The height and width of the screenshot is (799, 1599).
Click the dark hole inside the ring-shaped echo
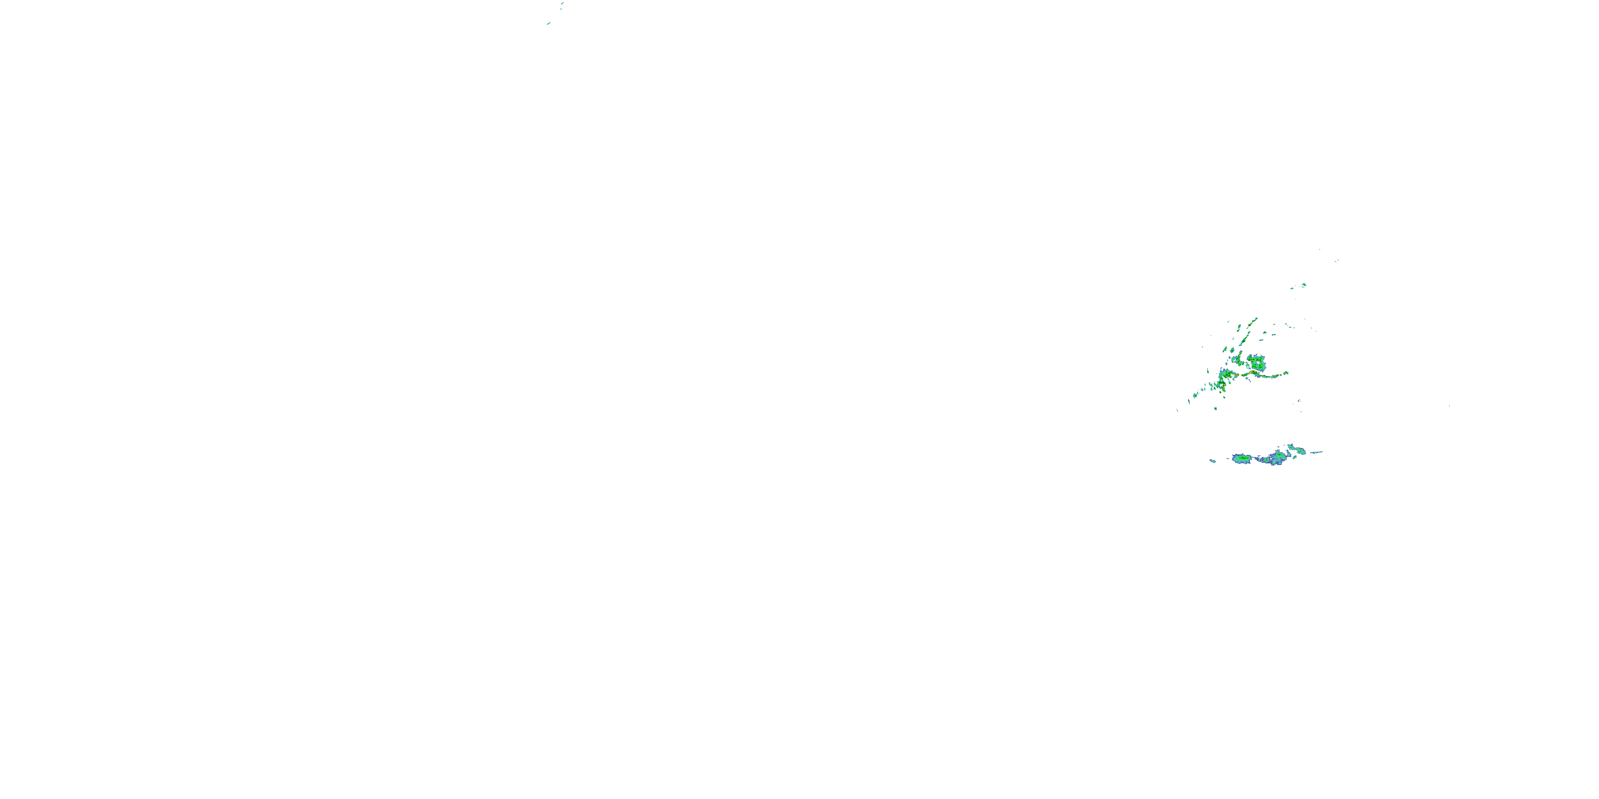tap(1258, 363)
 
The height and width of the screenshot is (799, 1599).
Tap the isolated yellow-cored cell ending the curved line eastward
tap(1286, 373)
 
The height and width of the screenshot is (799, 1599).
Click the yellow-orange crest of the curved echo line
tap(1253, 372)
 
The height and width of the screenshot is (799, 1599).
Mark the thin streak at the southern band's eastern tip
tap(1317, 452)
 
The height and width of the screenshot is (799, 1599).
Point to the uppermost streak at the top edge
tap(562, 3)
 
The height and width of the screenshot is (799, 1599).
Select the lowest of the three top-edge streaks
tap(549, 23)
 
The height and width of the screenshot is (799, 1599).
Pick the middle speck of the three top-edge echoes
tap(561, 8)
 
